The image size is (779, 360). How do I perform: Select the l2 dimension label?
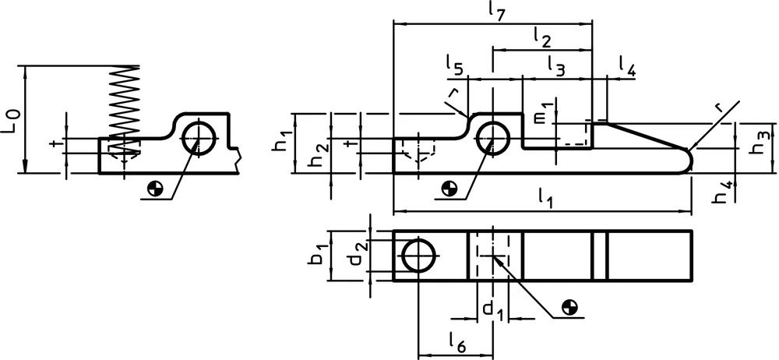pos(542,37)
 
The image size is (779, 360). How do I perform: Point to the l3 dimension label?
pos(556,66)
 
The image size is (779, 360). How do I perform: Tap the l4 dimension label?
pos(627,66)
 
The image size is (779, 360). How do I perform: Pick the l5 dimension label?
pos(455,65)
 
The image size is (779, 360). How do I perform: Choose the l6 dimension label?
pos(457,341)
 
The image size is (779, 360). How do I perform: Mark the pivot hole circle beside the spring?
pos(198,138)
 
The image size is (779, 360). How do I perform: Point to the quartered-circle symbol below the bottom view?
pos(570,308)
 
